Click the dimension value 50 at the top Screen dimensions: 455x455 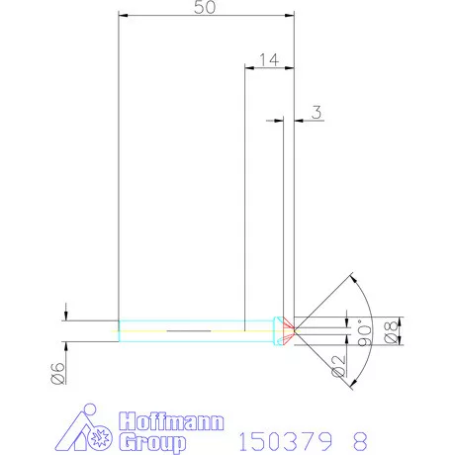click(206, 7)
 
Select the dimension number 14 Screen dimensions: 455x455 click(266, 59)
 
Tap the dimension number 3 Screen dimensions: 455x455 click(316, 113)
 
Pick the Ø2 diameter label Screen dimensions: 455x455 click(339, 371)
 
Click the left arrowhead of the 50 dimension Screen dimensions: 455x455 click(122, 17)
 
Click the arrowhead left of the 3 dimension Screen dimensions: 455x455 click(280, 121)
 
